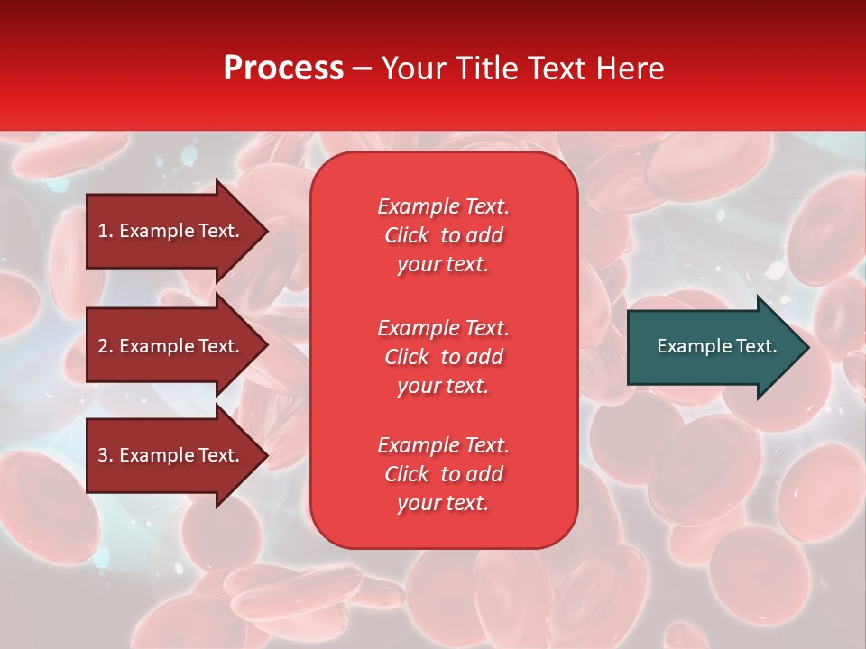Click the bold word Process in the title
pyautogui.click(x=283, y=69)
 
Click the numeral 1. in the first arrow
pyautogui.click(x=106, y=231)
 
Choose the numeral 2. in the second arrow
pyautogui.click(x=106, y=346)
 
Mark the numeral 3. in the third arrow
pyautogui.click(x=106, y=455)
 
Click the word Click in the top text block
pyautogui.click(x=407, y=235)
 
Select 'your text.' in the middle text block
pyautogui.click(x=443, y=386)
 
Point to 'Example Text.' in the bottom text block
pyautogui.click(x=443, y=445)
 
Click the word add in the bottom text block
pyautogui.click(x=485, y=474)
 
